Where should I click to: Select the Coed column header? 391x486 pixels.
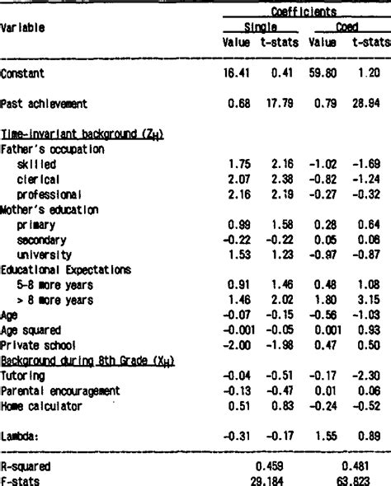point(346,28)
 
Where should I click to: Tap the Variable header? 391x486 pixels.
point(22,28)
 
